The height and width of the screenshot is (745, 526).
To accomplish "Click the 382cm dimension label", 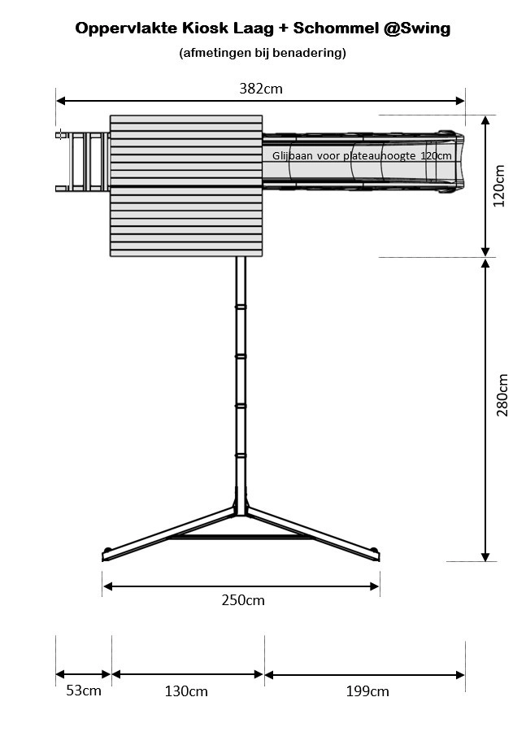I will point(260,88).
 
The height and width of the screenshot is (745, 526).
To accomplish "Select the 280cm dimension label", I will point(502,395).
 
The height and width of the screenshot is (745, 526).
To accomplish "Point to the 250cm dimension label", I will point(243,600).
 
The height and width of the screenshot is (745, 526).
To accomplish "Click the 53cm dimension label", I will point(83,691).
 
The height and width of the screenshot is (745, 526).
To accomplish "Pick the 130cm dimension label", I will point(187,691).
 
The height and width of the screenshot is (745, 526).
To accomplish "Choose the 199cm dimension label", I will point(367,691).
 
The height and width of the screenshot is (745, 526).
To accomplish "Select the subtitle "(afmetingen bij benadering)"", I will point(263,53).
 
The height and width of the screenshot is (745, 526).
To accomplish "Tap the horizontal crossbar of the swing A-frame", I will point(241,537).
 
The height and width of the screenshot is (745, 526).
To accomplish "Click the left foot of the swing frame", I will point(107,555).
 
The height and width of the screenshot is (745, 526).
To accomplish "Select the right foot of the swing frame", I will point(376,555).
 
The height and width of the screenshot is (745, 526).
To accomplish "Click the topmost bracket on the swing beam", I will point(241,307).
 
